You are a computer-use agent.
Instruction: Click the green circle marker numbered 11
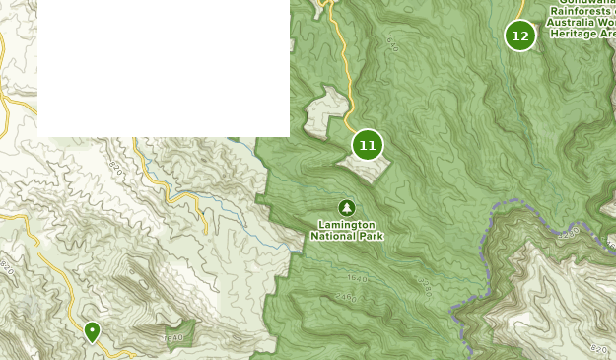[x=368, y=145]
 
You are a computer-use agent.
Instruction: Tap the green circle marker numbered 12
[x=520, y=36]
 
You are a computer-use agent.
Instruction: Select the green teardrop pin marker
[x=92, y=331]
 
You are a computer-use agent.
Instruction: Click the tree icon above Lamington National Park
[x=346, y=207]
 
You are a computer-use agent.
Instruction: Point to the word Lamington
[x=346, y=226]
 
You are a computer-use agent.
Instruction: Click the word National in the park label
[x=332, y=237]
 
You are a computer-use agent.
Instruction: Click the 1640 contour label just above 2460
[x=357, y=279]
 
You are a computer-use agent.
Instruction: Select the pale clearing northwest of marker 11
[x=325, y=111]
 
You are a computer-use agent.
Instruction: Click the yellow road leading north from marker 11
[x=346, y=79]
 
